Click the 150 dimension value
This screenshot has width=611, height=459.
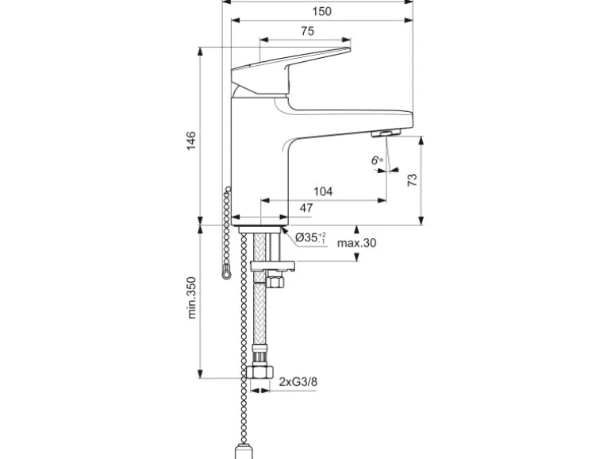coord(321,11)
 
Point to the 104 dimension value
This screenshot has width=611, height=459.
coord(323,191)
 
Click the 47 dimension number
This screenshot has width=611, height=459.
coord(306,209)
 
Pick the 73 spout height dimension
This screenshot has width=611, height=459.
coord(412,180)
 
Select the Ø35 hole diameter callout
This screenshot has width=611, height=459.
coord(310,237)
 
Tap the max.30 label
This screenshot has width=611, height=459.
coord(356,243)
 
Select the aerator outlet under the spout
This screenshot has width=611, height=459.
coord(386,135)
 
